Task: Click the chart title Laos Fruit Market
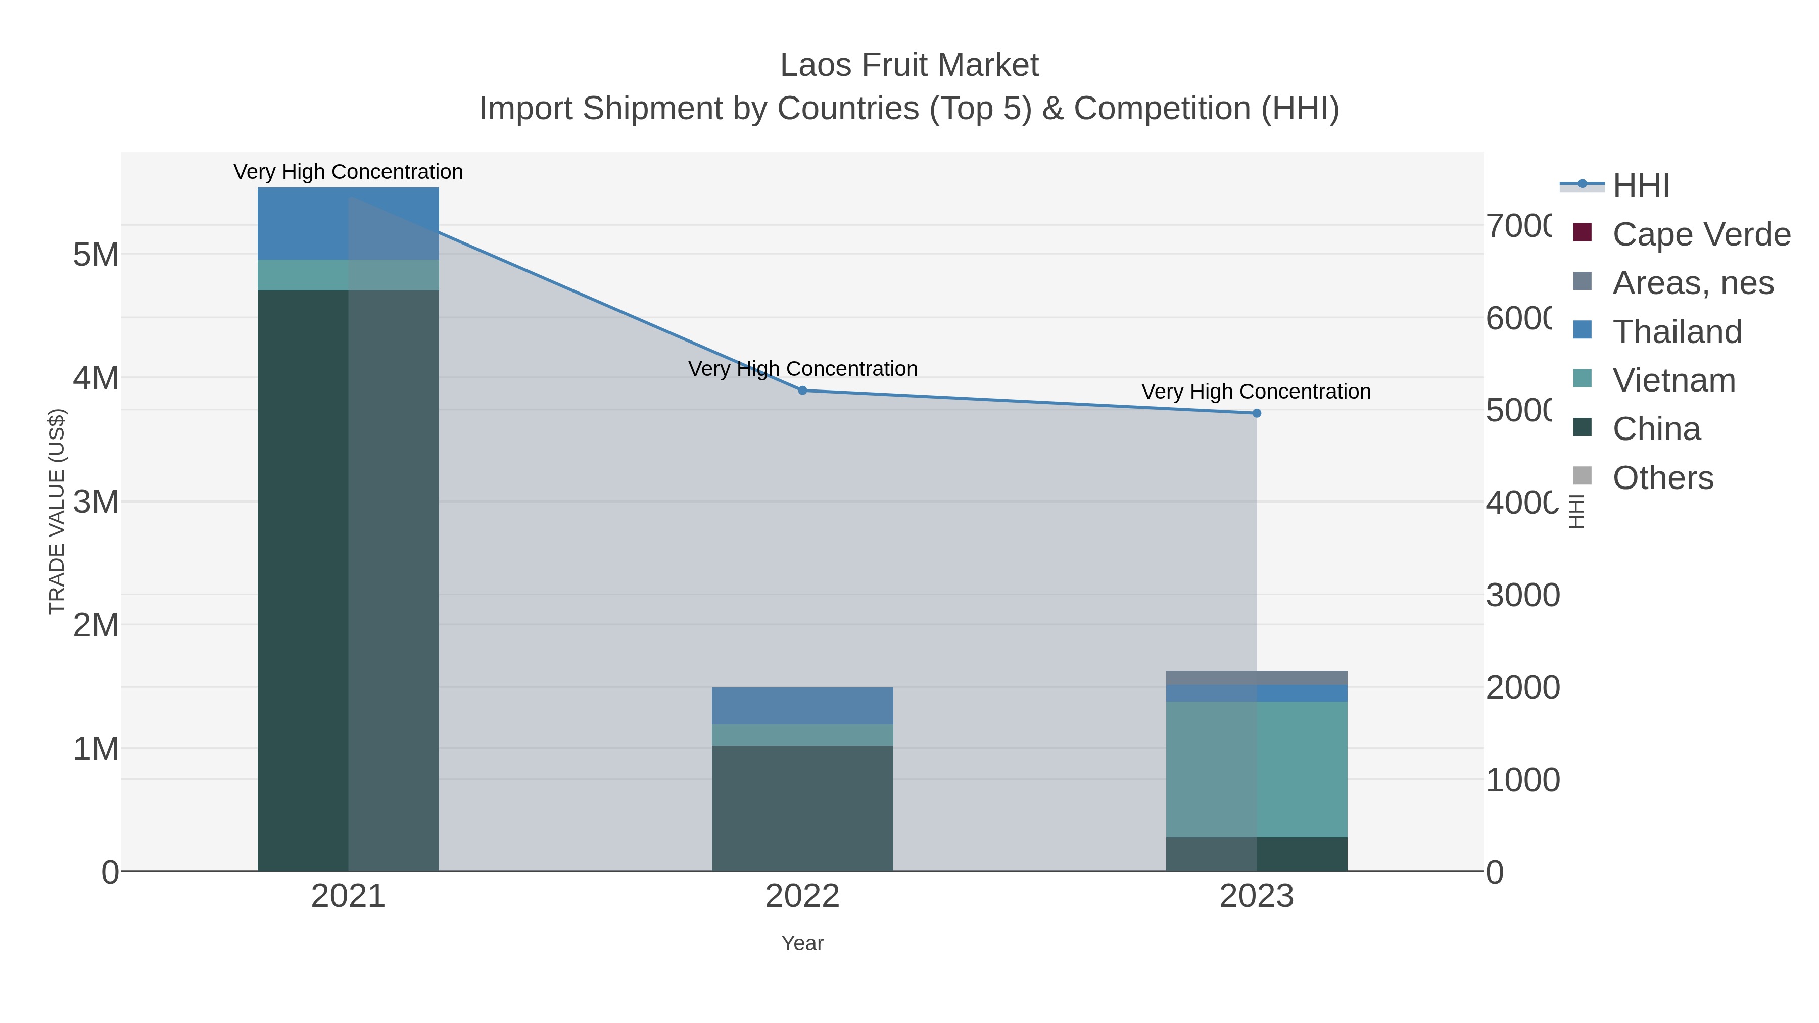[x=909, y=65]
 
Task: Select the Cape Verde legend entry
[x=1700, y=234]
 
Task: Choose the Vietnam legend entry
[x=1673, y=380]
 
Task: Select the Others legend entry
[x=1662, y=478]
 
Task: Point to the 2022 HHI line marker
[x=802, y=391]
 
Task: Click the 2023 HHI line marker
[x=1256, y=413]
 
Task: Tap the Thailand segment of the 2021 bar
[x=348, y=223]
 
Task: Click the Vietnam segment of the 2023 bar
[x=1256, y=769]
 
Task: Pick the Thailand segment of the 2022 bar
[x=802, y=705]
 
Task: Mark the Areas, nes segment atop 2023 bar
[x=1256, y=678]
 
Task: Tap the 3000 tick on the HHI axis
[x=1522, y=595]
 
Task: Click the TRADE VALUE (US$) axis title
[x=57, y=511]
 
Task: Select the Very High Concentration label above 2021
[x=348, y=172]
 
